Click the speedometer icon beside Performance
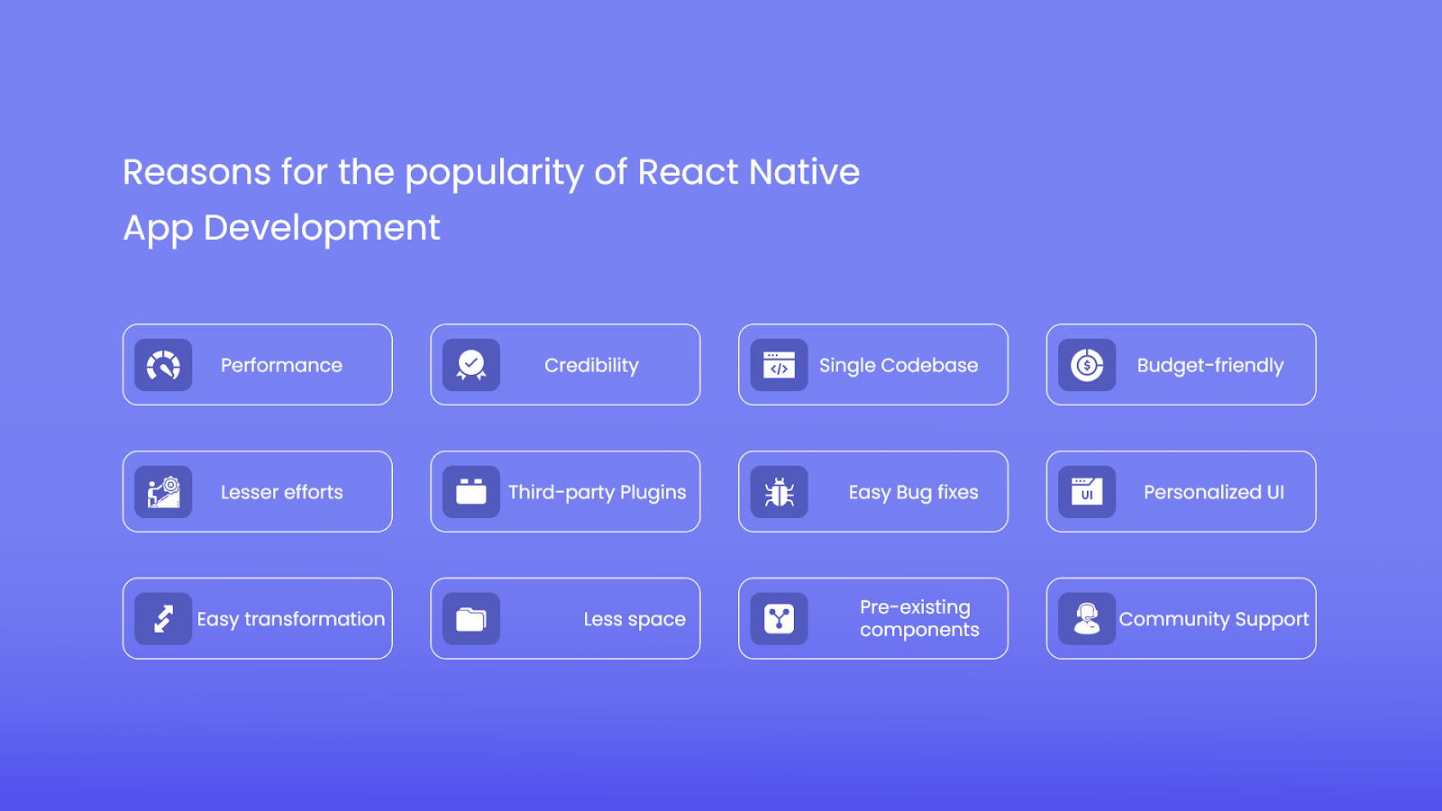(163, 365)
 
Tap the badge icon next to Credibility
(471, 365)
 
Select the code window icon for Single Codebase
(779, 365)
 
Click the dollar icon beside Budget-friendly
(1087, 365)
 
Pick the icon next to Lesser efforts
(163, 492)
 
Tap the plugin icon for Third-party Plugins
(471, 492)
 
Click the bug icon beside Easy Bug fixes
(779, 492)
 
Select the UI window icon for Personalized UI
(1087, 492)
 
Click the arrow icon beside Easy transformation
(163, 618)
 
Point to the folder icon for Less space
(471, 619)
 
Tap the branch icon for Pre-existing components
(779, 618)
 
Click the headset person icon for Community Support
(1087, 618)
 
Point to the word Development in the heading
(322, 229)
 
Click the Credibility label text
(591, 366)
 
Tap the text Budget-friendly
(1210, 366)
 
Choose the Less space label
(634, 619)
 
